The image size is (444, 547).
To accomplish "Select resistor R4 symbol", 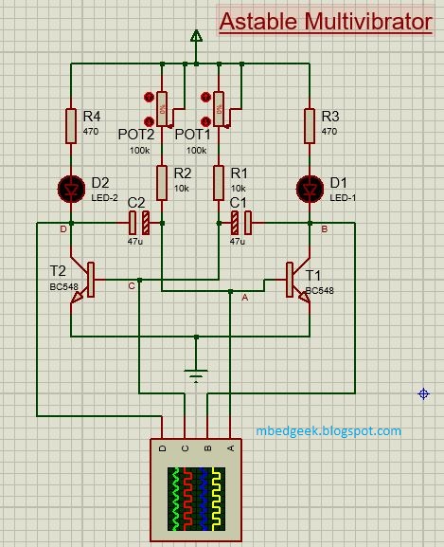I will coord(71,124).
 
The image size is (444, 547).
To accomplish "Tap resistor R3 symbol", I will coord(310,124).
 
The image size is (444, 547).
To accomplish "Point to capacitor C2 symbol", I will coord(139,224).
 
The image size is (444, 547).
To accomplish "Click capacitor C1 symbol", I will coord(240,224).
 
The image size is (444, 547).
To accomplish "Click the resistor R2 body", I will coord(162,182).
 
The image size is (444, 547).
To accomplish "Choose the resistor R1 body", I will coord(219,182).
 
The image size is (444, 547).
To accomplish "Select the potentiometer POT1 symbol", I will coord(219,107).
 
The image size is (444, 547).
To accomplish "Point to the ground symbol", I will coord(196,374).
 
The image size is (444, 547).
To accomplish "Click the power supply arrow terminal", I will coord(196,38).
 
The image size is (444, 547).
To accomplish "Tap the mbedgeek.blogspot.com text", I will coord(329,430).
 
